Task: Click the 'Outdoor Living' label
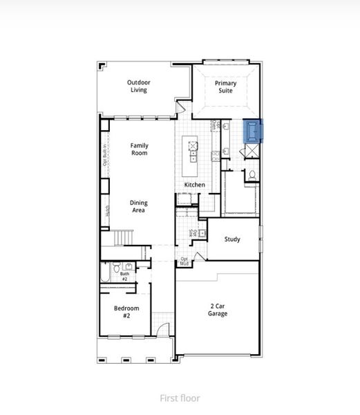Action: [139, 86]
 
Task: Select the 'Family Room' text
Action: [139, 149]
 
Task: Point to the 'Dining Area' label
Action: [139, 206]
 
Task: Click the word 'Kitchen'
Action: [194, 185]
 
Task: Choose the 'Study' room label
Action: [232, 239]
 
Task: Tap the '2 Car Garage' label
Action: [218, 309]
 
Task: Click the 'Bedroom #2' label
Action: [126, 311]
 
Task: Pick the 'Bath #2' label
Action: [124, 276]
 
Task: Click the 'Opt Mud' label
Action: [184, 261]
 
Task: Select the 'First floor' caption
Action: [180, 398]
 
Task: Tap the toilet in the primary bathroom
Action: [253, 175]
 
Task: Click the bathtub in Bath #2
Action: [106, 274]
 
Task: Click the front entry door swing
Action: [160, 331]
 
